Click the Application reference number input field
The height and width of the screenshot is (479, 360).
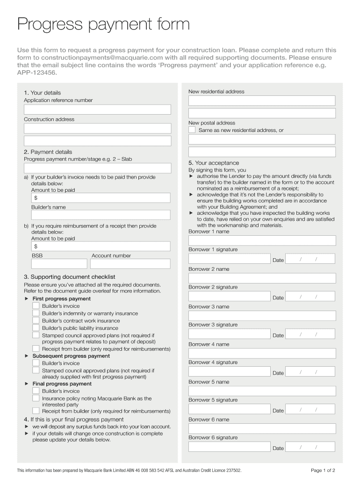pos(97,109)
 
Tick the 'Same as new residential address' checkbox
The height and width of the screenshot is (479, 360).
pos(192,130)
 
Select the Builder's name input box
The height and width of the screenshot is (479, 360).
pos(101,215)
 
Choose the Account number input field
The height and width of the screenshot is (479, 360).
pos(131,264)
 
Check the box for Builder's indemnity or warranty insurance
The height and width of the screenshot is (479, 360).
pos(36,313)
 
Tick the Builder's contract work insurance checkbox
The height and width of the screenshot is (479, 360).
pos(36,320)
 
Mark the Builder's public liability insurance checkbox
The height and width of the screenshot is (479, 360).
pos(36,328)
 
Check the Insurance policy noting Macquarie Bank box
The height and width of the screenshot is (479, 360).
pos(36,398)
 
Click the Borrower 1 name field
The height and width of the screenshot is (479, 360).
pos(262,240)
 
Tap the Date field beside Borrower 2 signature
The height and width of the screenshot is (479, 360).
pos(310,297)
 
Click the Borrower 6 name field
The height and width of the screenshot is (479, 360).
pos(262,428)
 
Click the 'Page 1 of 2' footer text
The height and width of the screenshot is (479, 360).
pos(323,470)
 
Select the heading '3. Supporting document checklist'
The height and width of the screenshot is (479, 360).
pos(70,277)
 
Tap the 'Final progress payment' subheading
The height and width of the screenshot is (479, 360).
pos(62,384)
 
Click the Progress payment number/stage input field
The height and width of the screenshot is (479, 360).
pos(97,168)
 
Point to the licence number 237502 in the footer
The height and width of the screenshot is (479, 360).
pos(231,470)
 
